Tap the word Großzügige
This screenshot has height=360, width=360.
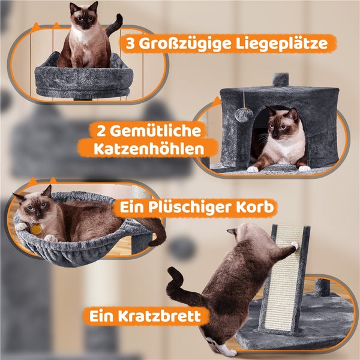185,44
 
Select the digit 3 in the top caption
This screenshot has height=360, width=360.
130,43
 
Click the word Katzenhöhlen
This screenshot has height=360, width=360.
149,149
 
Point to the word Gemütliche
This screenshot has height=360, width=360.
155,131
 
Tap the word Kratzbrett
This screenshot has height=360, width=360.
160,316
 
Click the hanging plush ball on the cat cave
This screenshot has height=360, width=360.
244,115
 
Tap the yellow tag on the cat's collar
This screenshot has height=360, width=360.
37,229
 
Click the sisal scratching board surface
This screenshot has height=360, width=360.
283,278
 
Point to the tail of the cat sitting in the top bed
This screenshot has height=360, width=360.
114,25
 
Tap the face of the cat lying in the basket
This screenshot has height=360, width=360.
35,207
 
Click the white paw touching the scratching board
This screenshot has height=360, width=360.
295,245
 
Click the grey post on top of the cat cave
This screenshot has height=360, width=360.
280,79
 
